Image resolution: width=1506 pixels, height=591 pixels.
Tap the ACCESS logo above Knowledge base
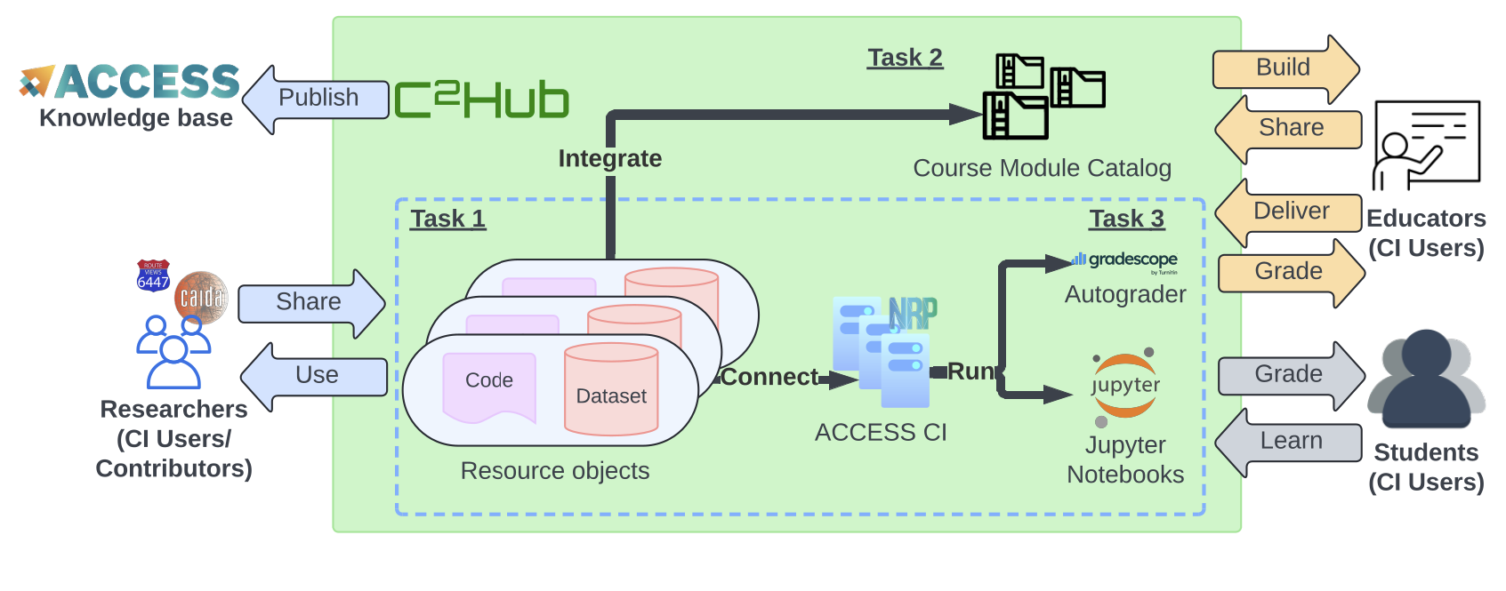(132, 82)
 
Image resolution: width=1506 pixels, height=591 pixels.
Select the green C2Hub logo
(481, 100)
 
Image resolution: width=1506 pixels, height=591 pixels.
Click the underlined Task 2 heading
(905, 58)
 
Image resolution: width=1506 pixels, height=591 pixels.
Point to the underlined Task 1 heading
(447, 219)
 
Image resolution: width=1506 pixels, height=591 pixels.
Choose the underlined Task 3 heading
(1126, 219)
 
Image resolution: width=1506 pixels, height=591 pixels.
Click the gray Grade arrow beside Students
(1290, 375)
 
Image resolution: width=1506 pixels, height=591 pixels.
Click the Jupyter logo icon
(1124, 387)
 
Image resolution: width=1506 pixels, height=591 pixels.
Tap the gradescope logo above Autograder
(1125, 260)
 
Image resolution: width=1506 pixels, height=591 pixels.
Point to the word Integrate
(610, 158)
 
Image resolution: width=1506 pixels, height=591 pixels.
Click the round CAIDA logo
(201, 297)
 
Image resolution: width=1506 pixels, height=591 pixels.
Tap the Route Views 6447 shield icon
(153, 276)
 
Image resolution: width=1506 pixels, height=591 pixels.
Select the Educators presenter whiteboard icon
(1426, 144)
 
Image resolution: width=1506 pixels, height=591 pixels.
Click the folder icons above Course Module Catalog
(1043, 96)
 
